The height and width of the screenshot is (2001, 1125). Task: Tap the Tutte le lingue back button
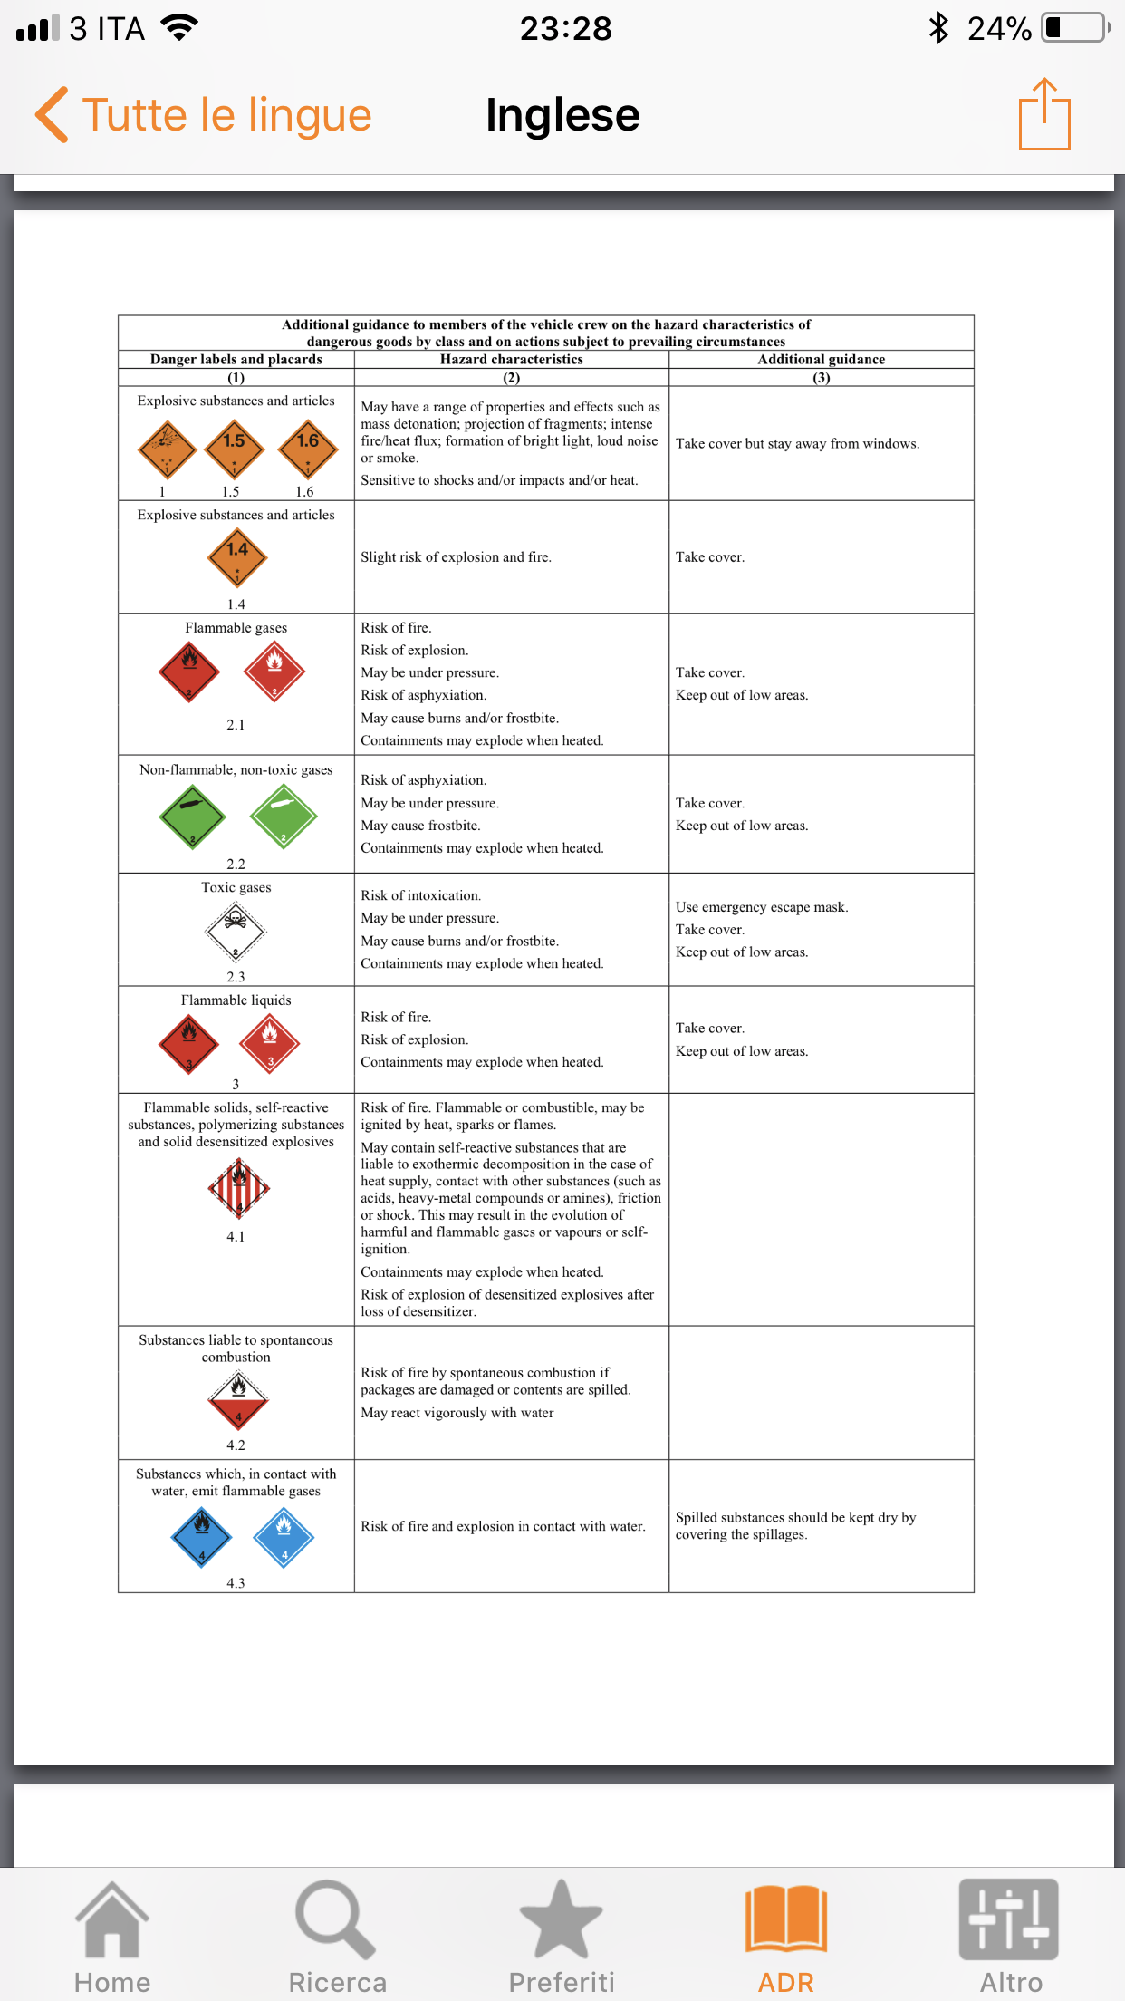tap(204, 115)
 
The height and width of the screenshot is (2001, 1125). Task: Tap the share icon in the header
tap(1044, 114)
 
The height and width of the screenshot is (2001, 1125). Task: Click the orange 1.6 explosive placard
tap(308, 449)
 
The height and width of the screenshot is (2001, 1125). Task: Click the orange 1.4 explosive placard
tap(236, 557)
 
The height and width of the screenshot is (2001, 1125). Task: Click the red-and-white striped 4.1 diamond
tap(238, 1188)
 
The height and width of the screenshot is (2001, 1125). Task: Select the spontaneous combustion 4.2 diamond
tap(237, 1399)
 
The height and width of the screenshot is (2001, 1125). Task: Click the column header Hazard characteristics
tap(511, 360)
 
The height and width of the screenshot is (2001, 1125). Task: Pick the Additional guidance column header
tap(821, 360)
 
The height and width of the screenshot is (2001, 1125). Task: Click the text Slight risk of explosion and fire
tap(456, 557)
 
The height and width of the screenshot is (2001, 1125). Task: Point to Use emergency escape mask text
tap(761, 907)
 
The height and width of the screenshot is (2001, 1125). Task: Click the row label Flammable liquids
tap(236, 1000)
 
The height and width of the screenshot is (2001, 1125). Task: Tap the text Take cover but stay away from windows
tap(797, 444)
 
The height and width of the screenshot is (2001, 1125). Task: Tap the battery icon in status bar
tap(1075, 28)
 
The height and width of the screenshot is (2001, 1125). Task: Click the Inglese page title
tap(562, 115)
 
